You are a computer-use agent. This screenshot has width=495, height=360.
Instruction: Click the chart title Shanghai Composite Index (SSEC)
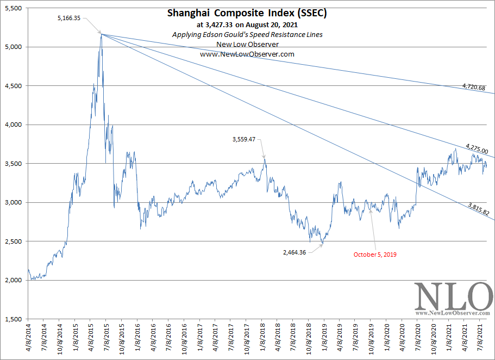click(x=247, y=13)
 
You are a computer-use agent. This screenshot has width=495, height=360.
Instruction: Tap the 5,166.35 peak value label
click(x=68, y=18)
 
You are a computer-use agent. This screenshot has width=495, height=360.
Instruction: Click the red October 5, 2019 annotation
click(x=375, y=255)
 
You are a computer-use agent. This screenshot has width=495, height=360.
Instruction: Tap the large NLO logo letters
click(x=451, y=296)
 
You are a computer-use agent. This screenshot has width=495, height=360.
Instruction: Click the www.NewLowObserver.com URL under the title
click(x=247, y=54)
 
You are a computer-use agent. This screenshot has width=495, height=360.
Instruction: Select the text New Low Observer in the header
click(x=247, y=45)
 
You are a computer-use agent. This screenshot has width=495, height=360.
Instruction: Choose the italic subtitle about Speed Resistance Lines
click(x=247, y=34)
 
